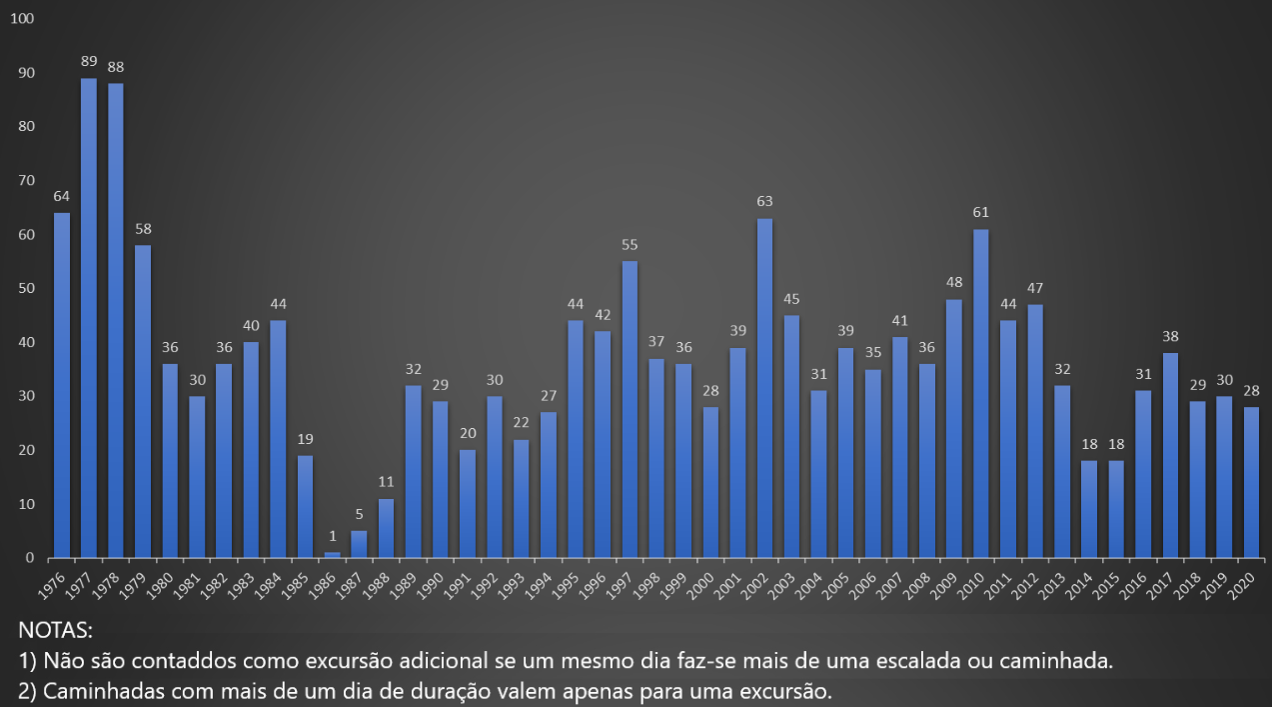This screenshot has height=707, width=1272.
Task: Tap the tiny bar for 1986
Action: pos(332,554)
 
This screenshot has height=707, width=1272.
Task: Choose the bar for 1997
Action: pos(630,409)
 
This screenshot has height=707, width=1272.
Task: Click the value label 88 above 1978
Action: pos(116,67)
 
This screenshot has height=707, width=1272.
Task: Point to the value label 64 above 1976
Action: pos(62,195)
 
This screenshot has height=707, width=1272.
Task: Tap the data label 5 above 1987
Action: pos(360,513)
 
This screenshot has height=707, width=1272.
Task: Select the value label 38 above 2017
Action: pos(1170,336)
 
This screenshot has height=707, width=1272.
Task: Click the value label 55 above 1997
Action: pos(630,244)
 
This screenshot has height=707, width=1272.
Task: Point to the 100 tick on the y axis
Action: pos(22,19)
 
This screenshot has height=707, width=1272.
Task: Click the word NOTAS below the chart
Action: pos(55,631)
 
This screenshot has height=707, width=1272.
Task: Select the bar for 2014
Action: pos(1088,509)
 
